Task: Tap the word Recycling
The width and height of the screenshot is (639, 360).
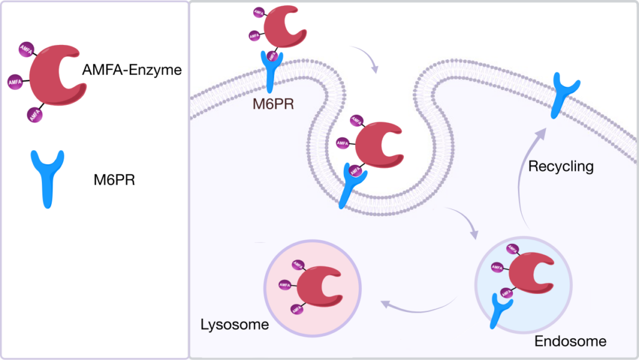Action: coord(560,167)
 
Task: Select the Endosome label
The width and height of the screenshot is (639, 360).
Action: coord(570,341)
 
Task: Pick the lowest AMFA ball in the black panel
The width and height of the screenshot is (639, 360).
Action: coord(35,114)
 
